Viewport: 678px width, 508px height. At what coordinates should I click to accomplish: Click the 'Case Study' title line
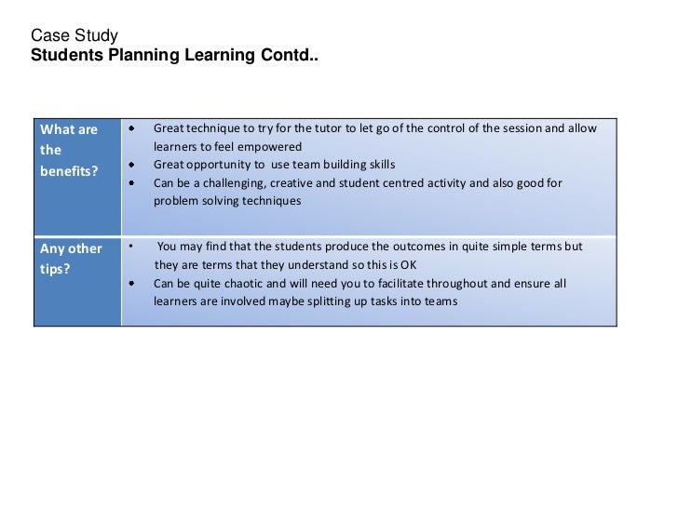pos(75,36)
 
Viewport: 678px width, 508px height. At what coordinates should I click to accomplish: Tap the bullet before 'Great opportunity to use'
pos(132,165)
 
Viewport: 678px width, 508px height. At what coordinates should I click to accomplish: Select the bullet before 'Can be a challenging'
pos(132,183)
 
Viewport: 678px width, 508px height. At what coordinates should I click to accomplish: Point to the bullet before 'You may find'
pos(131,247)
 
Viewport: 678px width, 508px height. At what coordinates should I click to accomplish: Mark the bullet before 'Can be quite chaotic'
pos(132,284)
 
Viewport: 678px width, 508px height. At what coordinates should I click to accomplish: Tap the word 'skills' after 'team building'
pos(377,165)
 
